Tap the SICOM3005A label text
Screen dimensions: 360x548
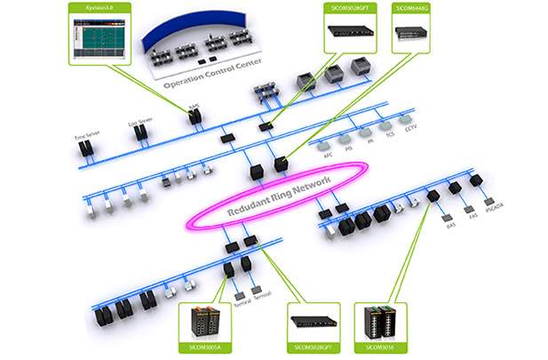[x=205, y=345]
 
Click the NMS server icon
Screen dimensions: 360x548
[x=194, y=116]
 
